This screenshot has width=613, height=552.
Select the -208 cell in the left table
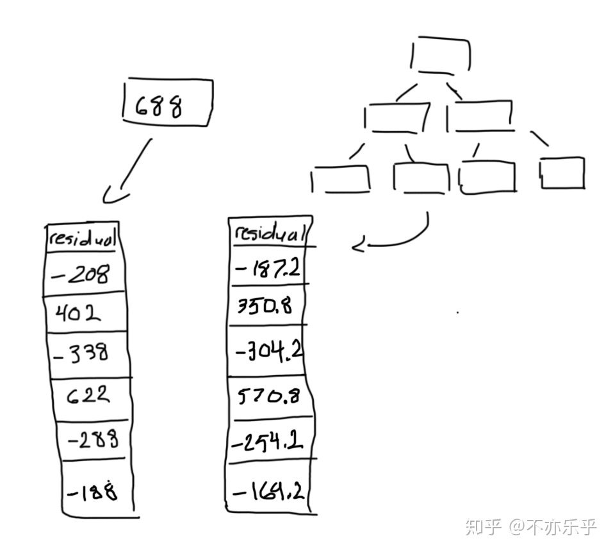(85, 274)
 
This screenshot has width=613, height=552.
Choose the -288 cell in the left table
(91, 440)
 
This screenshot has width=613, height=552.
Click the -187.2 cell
(268, 268)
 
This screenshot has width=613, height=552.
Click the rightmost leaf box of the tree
(562, 173)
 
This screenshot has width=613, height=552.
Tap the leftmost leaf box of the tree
(340, 179)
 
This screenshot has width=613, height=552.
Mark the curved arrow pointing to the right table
(397, 237)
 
